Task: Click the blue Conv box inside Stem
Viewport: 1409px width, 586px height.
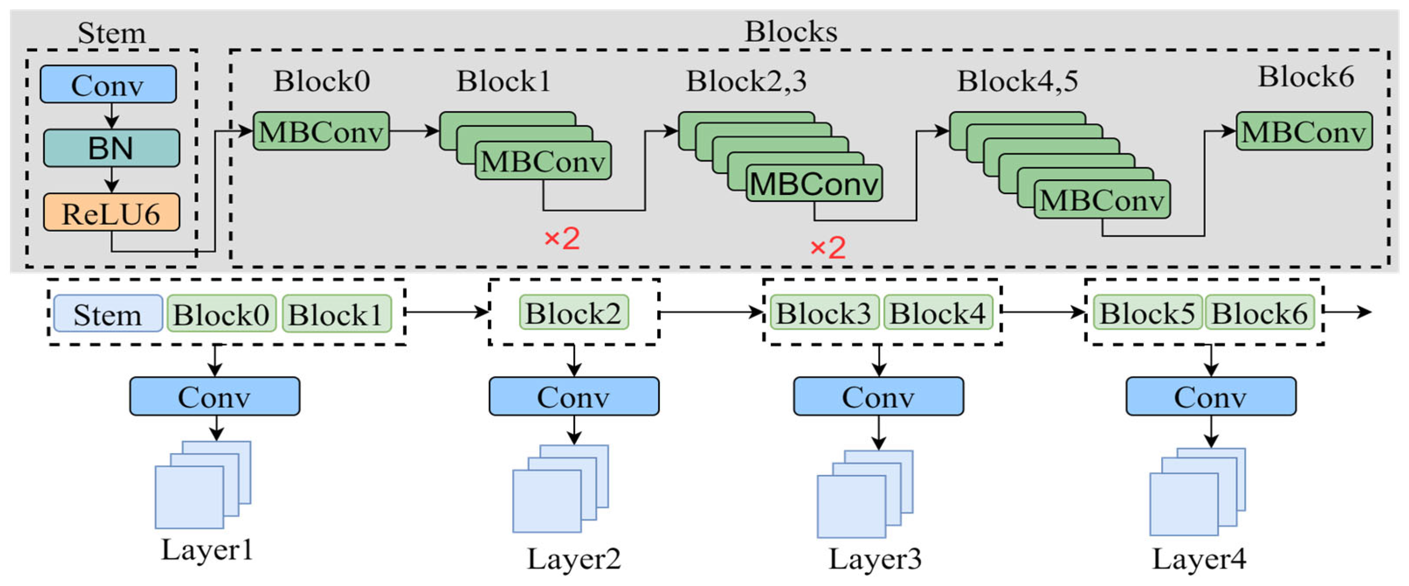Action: pos(108,84)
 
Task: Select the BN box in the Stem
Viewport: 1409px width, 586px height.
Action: pos(111,148)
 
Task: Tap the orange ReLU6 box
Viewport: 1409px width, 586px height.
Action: pos(111,212)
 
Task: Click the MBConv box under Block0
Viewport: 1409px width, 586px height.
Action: pos(321,131)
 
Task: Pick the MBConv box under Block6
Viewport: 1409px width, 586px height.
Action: pos(1304,131)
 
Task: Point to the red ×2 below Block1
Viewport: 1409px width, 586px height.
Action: pos(562,239)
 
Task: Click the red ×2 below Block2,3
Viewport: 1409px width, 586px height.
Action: pos(827,248)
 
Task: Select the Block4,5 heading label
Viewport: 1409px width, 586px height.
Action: pos(1017,81)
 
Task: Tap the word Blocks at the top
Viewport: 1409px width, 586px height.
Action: pos(791,32)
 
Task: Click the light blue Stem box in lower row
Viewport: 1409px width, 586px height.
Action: pos(108,314)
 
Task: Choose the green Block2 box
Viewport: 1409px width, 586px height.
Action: pos(573,313)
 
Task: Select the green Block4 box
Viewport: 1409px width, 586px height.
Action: pos(937,313)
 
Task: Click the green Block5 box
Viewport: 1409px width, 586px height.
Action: pos(1147,313)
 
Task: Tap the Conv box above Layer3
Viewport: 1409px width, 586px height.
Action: pos(878,396)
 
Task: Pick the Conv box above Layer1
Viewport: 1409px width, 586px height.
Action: pos(214,396)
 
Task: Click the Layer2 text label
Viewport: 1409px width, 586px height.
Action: pos(573,558)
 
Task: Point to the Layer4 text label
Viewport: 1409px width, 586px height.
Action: pos(1199,558)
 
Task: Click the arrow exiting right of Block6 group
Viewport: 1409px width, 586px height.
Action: pos(1348,312)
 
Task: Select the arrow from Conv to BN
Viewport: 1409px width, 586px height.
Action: pos(111,116)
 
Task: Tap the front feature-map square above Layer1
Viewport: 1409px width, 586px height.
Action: pos(189,497)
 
